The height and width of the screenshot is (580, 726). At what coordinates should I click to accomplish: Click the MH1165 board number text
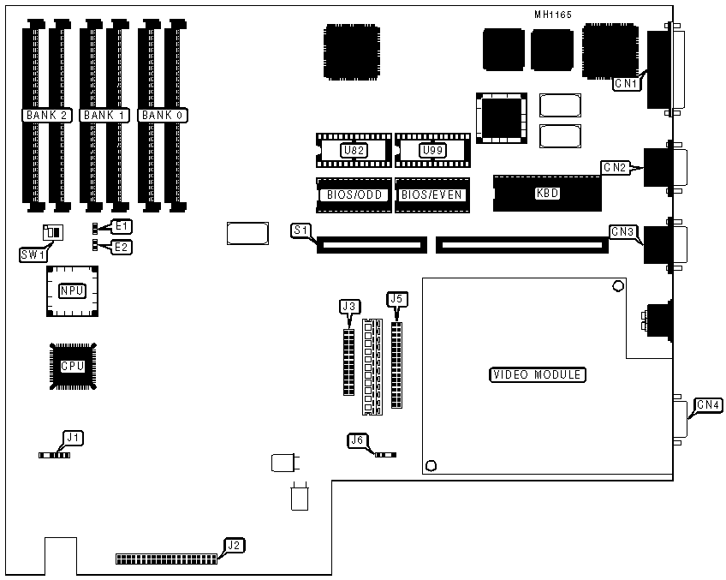click(x=552, y=14)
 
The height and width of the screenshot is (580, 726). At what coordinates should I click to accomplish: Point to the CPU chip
click(x=72, y=366)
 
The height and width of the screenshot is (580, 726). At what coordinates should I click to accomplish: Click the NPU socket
click(x=72, y=290)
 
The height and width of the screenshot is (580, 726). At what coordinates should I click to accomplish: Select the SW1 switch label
click(x=33, y=254)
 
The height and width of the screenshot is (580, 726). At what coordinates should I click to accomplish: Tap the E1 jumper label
click(x=122, y=226)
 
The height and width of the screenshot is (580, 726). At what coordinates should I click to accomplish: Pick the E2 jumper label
click(x=122, y=247)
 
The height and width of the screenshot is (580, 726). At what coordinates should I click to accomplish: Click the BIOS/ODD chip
click(x=354, y=195)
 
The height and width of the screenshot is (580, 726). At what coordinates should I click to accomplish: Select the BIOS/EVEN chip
click(x=432, y=195)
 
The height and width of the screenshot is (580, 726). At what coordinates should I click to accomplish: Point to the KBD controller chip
click(x=546, y=194)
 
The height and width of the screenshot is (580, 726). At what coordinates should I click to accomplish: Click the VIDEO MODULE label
click(x=538, y=374)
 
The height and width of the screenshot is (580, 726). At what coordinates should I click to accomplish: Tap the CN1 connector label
click(x=626, y=83)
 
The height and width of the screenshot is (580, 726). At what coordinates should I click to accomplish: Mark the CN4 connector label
click(x=708, y=404)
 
